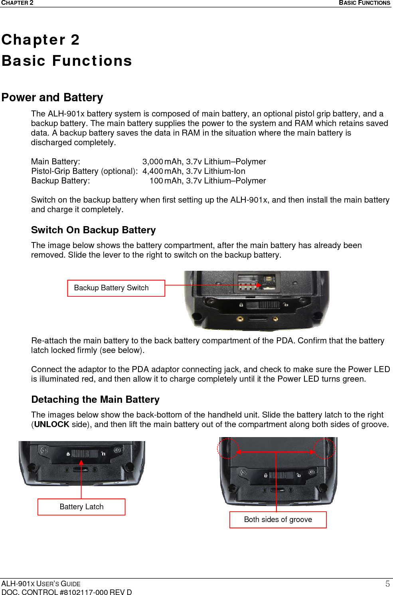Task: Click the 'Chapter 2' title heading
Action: [41, 40]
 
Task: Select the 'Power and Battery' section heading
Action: [52, 97]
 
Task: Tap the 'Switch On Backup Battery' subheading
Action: [93, 230]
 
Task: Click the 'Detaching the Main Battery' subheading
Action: [95, 400]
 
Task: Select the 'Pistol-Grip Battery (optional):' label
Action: [84, 171]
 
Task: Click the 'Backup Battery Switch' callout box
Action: [116, 288]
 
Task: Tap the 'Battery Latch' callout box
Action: [81, 507]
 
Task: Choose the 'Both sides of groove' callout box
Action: [278, 520]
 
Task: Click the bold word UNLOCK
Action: [51, 424]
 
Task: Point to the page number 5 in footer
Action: [387, 584]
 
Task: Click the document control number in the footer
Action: [67, 592]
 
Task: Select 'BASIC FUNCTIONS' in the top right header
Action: [364, 3]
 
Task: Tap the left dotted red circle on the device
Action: [228, 448]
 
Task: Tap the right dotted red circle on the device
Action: [324, 448]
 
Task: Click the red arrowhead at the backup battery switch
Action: [259, 285]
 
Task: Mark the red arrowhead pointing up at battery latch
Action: [81, 463]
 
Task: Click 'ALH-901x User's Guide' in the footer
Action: [41, 584]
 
